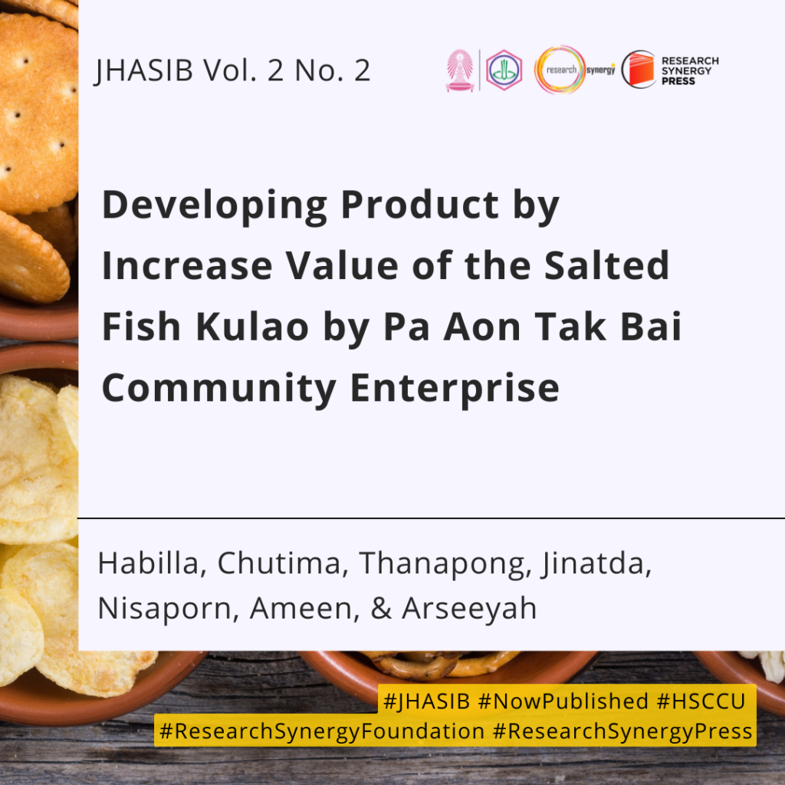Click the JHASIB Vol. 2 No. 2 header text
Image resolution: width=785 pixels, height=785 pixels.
(x=232, y=70)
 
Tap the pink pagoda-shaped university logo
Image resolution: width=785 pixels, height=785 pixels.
(x=460, y=70)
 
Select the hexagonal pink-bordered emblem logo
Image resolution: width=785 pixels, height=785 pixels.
(x=504, y=70)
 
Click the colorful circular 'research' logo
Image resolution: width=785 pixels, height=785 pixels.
(x=560, y=70)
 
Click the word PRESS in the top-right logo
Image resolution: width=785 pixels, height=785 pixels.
(x=678, y=81)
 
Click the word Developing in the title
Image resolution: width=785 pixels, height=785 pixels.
(x=215, y=206)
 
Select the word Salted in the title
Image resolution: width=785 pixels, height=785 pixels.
(x=606, y=265)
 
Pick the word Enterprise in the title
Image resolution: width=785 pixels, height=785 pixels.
(x=455, y=389)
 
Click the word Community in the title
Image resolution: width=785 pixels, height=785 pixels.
(x=218, y=389)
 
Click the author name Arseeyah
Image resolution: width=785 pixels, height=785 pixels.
(x=469, y=609)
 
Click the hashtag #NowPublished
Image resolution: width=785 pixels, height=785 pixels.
(x=563, y=701)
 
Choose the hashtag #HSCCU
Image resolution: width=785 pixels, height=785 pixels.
(x=701, y=701)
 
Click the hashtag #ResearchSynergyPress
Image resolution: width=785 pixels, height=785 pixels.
(x=622, y=731)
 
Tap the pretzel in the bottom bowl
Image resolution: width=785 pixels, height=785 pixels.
(x=441, y=664)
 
